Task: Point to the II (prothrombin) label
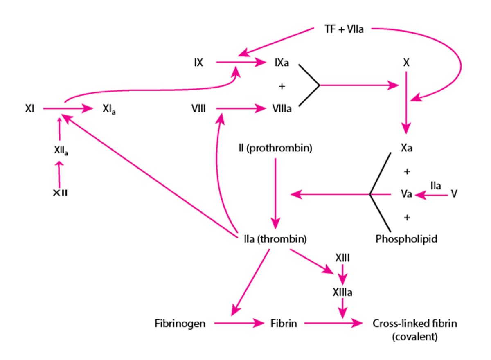click(x=275, y=148)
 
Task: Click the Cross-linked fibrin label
click(x=414, y=324)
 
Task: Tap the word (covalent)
click(x=414, y=337)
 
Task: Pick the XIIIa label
click(x=342, y=292)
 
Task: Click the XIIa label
click(x=61, y=151)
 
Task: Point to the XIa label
click(x=109, y=110)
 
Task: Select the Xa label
click(x=407, y=148)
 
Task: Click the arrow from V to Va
click(x=432, y=196)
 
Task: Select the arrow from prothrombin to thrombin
click(x=275, y=192)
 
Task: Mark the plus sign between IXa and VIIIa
click(x=281, y=86)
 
